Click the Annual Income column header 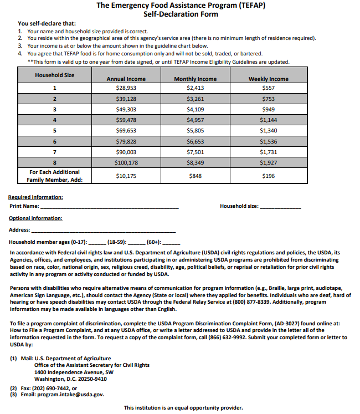[126, 79]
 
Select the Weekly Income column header [268, 79]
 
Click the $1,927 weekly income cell [268, 163]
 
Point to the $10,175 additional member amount [126, 176]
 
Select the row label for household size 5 [54, 131]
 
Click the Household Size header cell [54, 75]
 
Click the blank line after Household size [280, 207]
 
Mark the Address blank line [104, 231]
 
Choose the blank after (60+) [172, 243]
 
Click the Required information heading [35, 197]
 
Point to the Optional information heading [35, 218]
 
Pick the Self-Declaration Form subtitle [181, 14]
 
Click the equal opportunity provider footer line [183, 408]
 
